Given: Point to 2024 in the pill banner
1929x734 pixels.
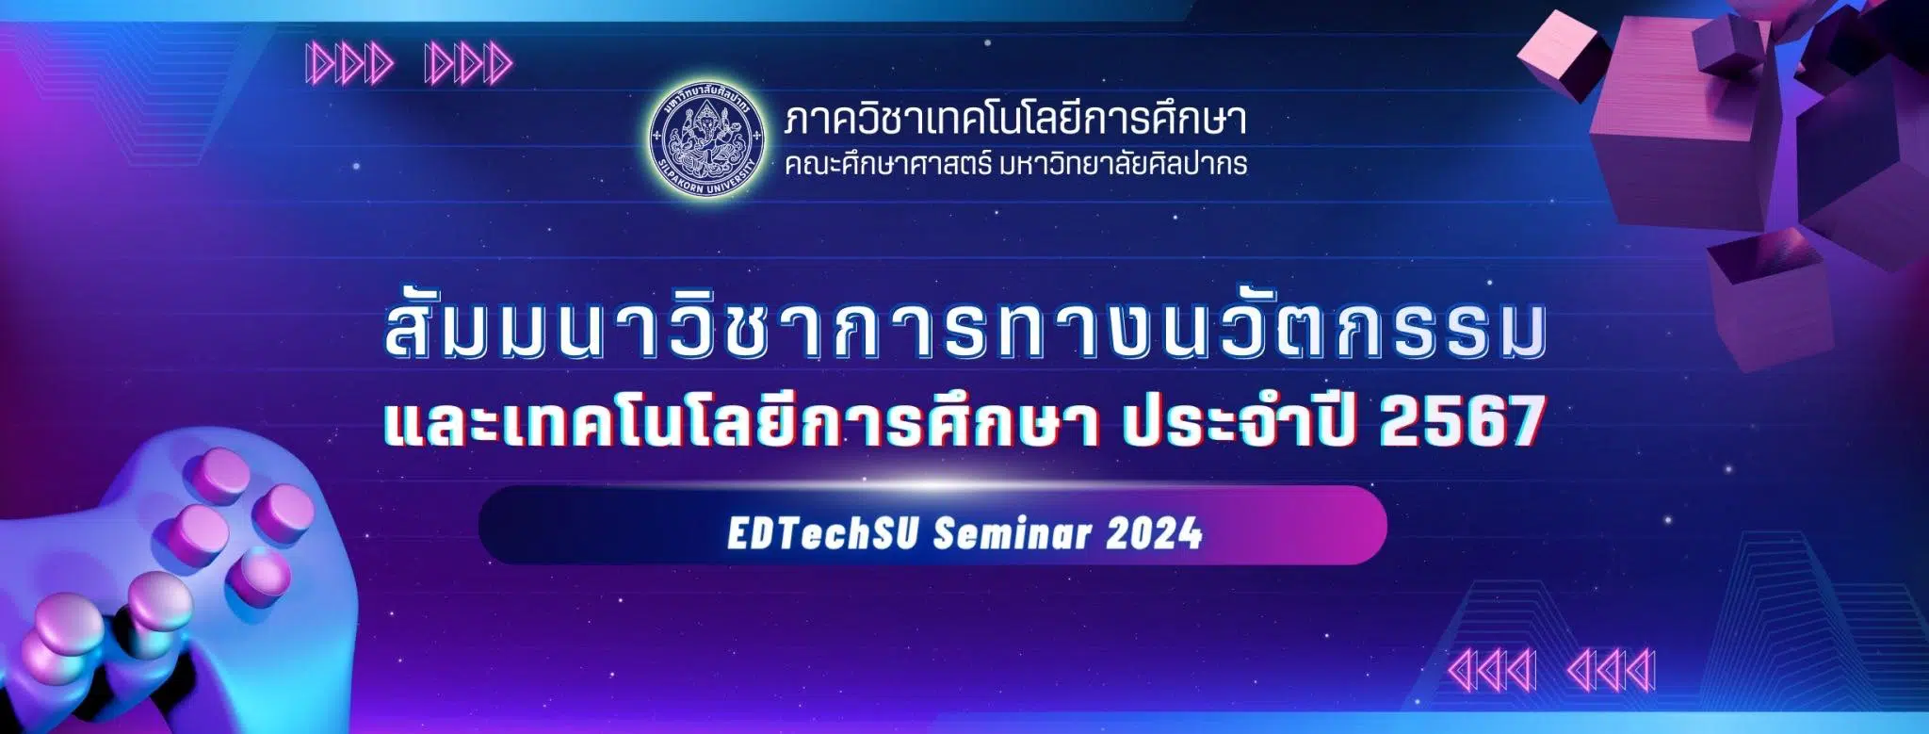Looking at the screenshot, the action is click(x=1155, y=534).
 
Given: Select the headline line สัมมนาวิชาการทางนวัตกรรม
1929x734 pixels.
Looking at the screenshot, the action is click(x=966, y=333).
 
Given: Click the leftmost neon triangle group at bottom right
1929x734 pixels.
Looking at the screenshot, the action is click(x=1492, y=671).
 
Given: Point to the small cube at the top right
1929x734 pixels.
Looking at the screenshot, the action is click(x=1564, y=55).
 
